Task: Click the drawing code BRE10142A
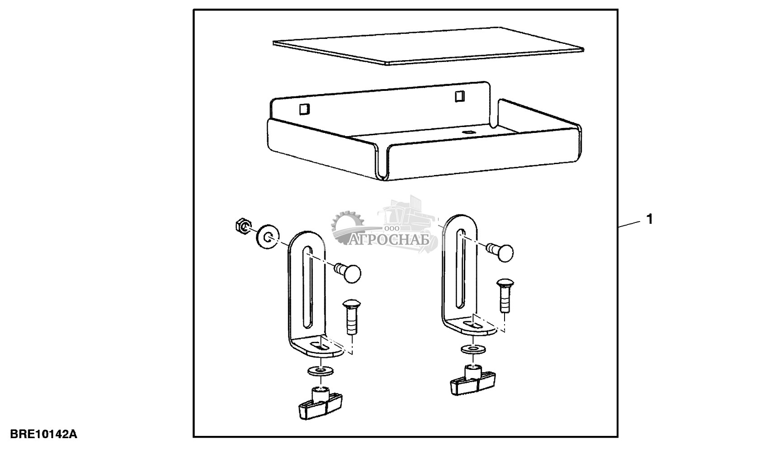pos(43,434)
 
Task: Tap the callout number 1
pos(649,219)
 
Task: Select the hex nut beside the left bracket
pos(243,227)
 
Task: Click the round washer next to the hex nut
pos(268,237)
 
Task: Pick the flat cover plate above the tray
pos(428,46)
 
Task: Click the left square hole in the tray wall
pos(305,109)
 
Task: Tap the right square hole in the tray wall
pos(460,96)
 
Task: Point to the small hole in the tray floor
pos(467,132)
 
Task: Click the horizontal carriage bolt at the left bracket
pos(347,273)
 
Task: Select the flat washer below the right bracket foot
pos(473,349)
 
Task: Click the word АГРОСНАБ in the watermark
pos(390,240)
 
